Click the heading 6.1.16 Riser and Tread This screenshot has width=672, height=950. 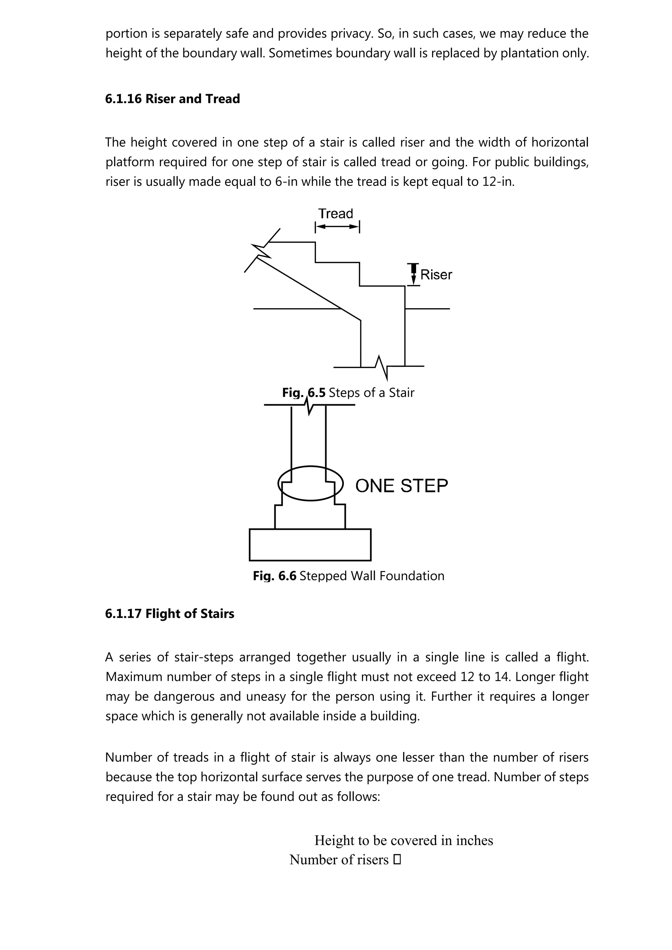172,99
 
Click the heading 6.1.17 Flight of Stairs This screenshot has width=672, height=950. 169,614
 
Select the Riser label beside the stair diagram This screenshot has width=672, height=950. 436,275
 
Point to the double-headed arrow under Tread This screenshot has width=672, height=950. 337,227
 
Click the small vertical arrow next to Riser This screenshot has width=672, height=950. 413,274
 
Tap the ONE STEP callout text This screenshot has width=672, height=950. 401,486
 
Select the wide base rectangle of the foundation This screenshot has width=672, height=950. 310,544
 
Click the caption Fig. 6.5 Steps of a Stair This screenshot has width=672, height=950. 348,392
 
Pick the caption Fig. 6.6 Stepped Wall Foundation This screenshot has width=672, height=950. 348,576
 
